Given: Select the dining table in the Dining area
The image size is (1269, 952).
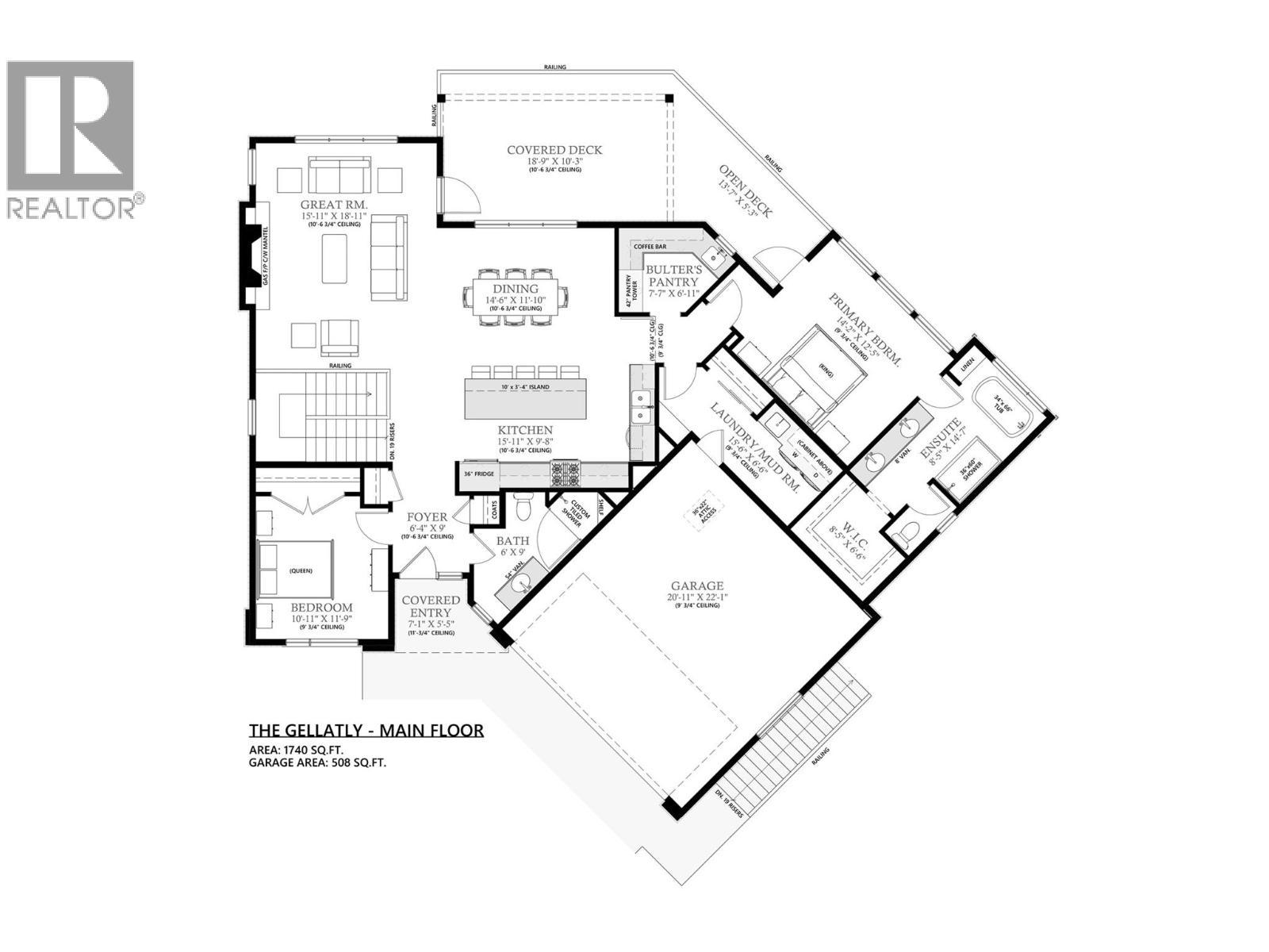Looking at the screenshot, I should (516, 294).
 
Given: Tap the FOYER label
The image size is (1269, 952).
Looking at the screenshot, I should (428, 517).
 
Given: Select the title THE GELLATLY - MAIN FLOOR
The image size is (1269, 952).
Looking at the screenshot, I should (366, 731).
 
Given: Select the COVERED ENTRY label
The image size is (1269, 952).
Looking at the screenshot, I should (430, 607).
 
